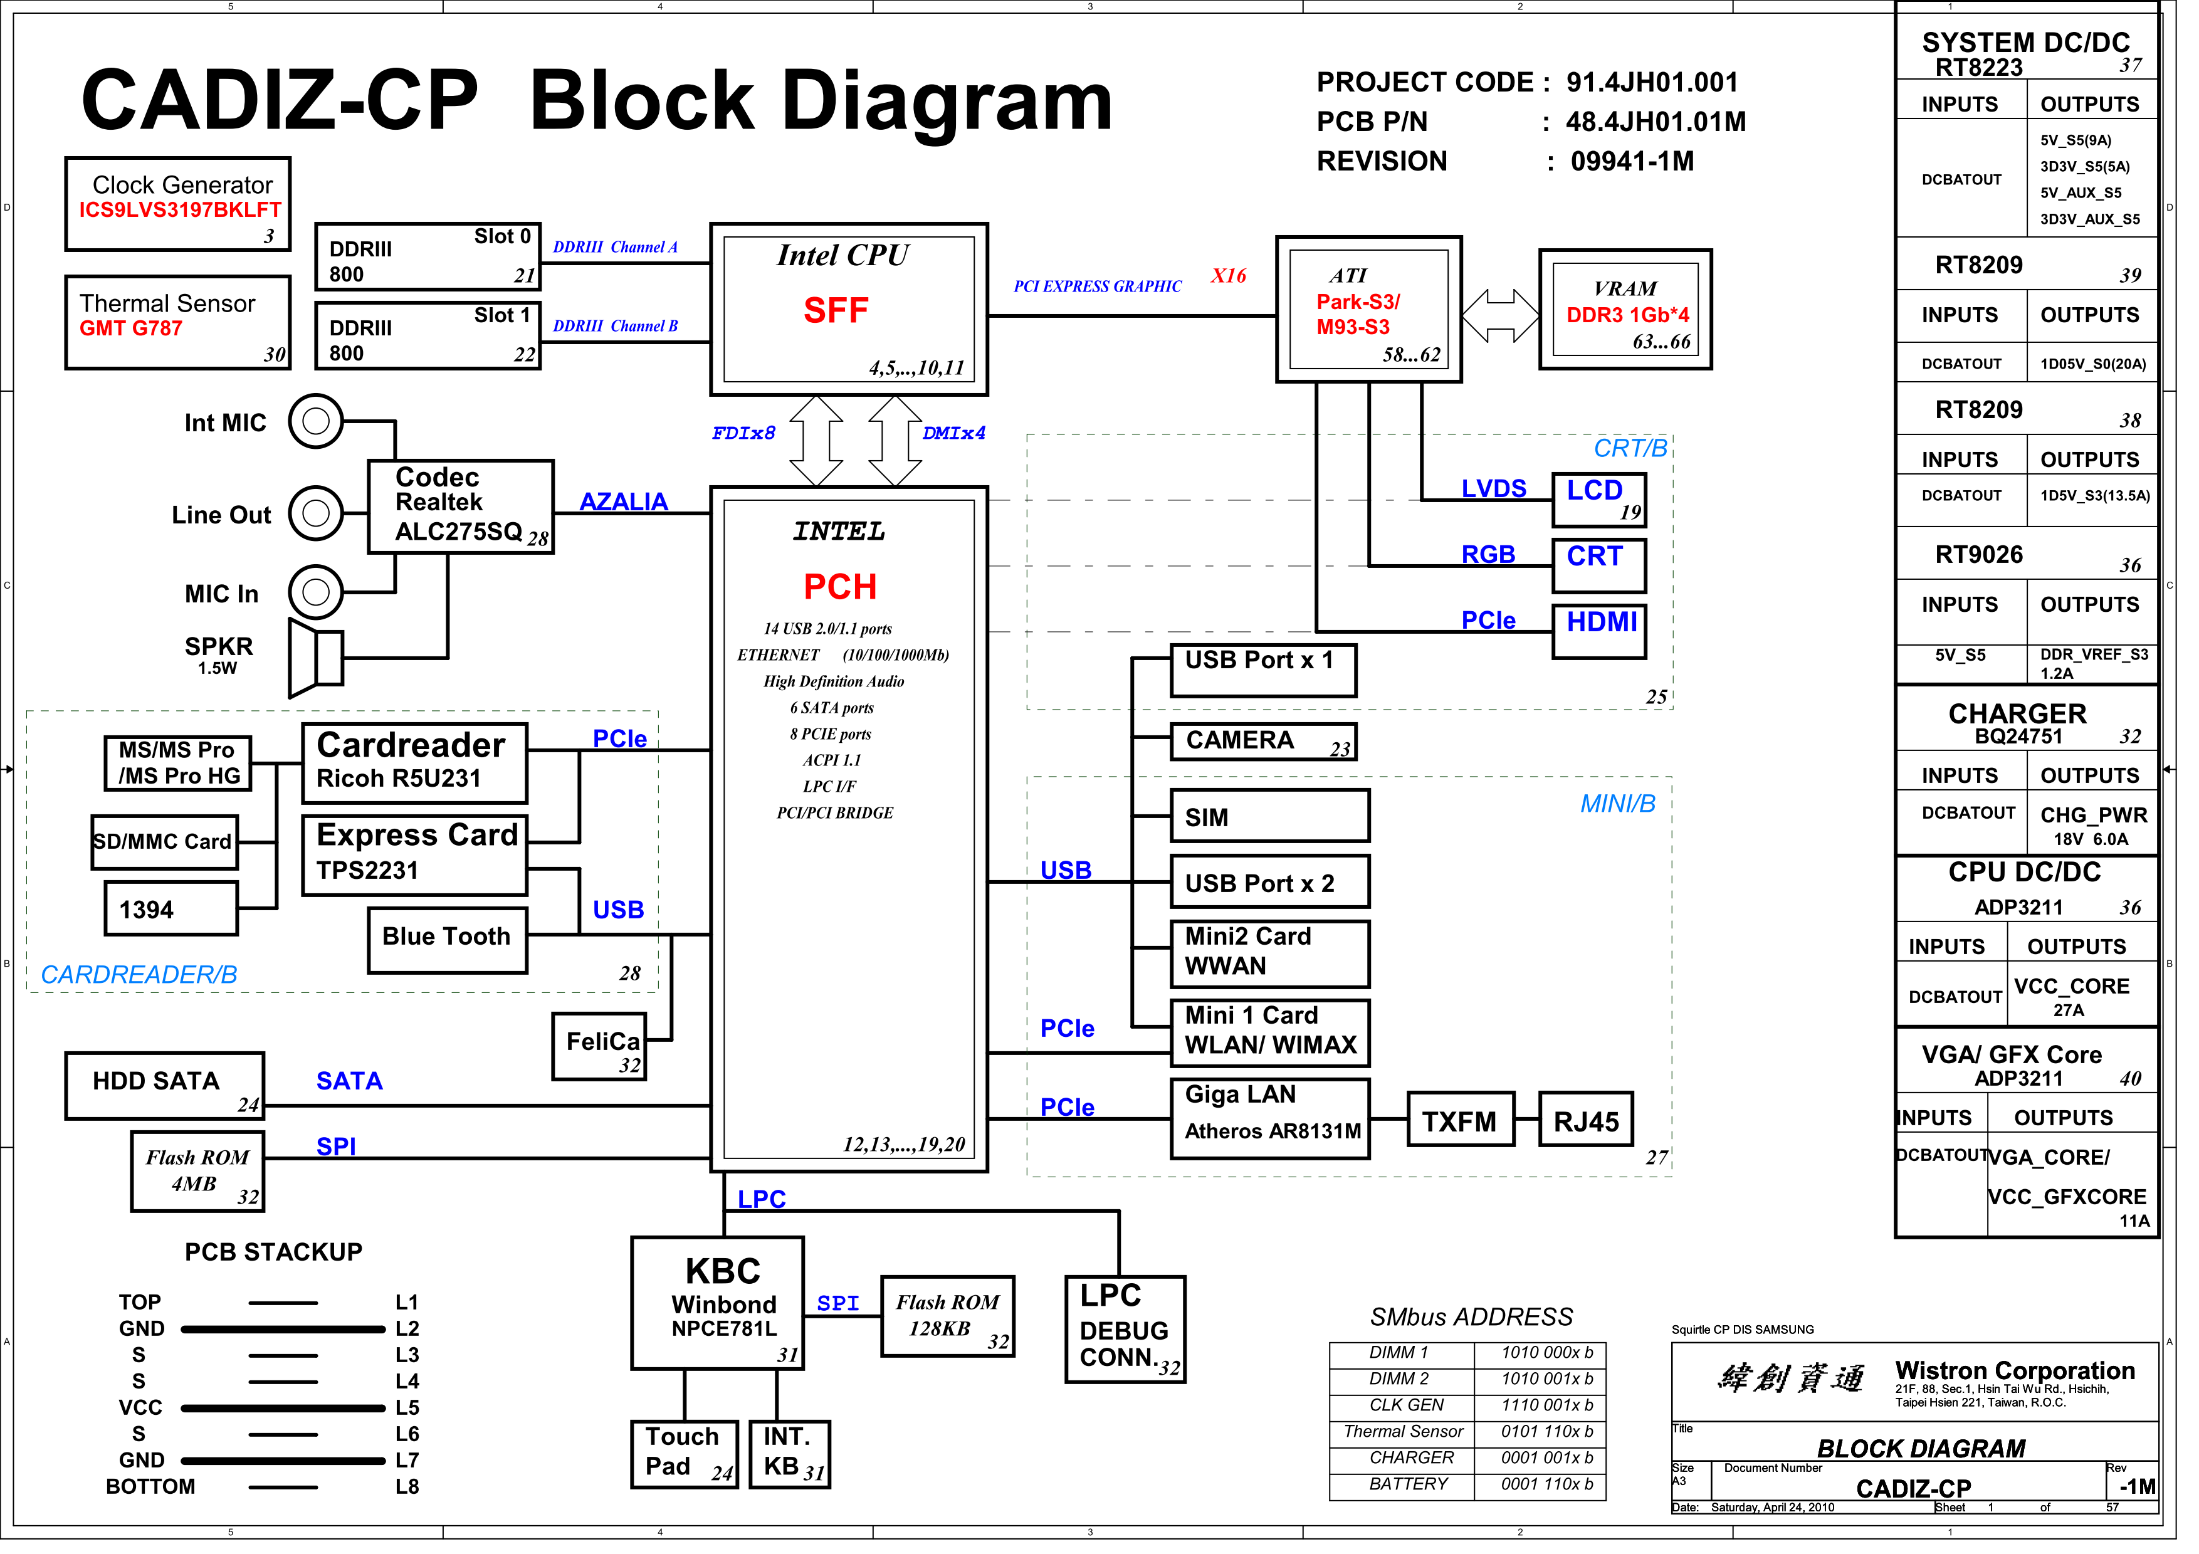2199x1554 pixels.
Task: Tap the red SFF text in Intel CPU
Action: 844,313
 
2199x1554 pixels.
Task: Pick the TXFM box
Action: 1473,1131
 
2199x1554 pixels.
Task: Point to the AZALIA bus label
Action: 629,507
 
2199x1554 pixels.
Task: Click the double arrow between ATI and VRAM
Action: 1514,318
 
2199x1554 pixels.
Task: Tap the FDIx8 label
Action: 750,437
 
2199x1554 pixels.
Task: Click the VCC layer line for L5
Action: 285,1421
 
